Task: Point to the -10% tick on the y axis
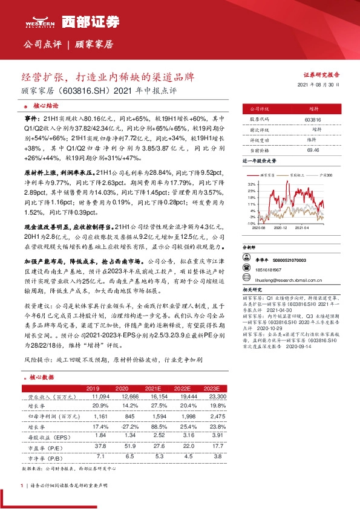[250, 224]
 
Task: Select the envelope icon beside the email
[247, 281]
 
